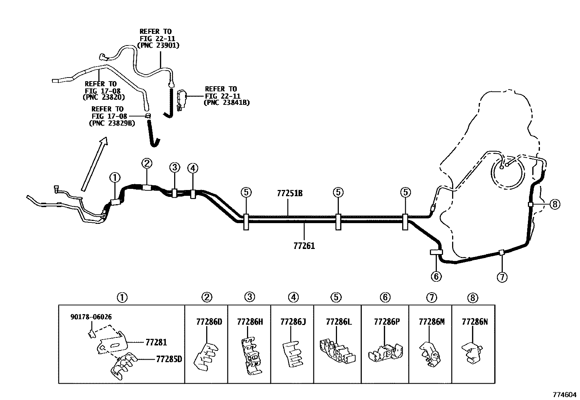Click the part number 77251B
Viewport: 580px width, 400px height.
coord(290,193)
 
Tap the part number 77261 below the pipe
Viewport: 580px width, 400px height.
coord(304,246)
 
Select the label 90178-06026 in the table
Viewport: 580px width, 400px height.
coord(91,317)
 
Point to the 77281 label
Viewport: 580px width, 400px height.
coord(156,342)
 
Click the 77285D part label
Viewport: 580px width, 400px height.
coord(169,359)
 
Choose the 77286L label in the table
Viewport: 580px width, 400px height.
coord(339,322)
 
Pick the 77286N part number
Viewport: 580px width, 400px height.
coord(475,322)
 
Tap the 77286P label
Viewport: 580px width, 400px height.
coord(387,322)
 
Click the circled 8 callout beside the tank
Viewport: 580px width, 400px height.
coord(554,205)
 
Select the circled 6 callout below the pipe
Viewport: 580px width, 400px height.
coord(436,277)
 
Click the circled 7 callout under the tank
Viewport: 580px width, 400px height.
coord(502,277)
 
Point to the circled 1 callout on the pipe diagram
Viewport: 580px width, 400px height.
coord(115,178)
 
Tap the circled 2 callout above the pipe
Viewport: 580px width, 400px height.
coord(147,163)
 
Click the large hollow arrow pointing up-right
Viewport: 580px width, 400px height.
coord(94,164)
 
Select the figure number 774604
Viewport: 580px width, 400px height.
coord(564,395)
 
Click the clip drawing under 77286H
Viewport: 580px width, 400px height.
coord(251,356)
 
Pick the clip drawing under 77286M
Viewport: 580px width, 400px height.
coord(430,354)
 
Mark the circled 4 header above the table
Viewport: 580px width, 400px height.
coord(293,297)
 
